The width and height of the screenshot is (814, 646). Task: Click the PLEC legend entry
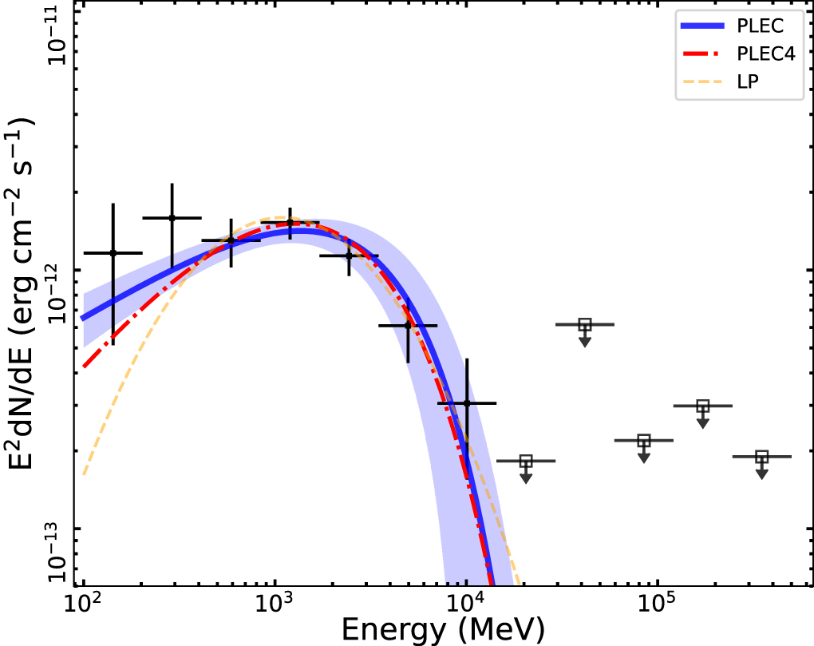[x=738, y=26]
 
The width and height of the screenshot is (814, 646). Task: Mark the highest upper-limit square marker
[x=585, y=325]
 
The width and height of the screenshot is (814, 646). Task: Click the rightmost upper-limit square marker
[x=762, y=457]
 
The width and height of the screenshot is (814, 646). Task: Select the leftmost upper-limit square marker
[x=526, y=461]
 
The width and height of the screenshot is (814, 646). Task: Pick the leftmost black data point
[x=113, y=253]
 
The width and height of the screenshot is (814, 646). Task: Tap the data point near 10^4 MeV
[x=467, y=403]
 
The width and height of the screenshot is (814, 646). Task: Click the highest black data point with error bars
[x=172, y=218]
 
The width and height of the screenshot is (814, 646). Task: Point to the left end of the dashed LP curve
[x=83, y=476]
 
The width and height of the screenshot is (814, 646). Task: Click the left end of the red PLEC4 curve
[x=83, y=367]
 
